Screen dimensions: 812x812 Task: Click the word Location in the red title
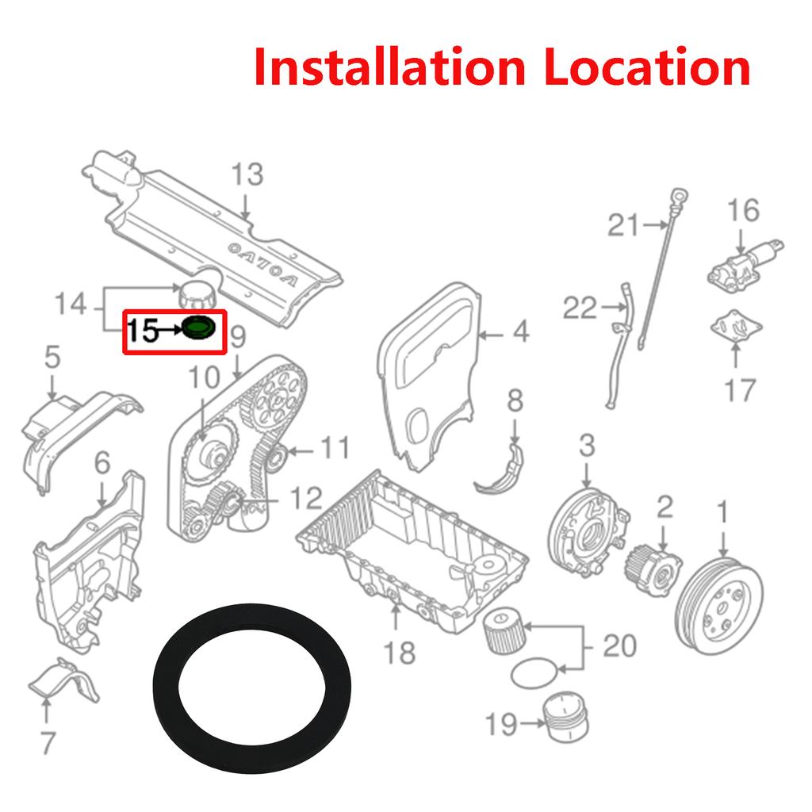coord(647,67)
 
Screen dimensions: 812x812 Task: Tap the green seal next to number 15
coord(198,327)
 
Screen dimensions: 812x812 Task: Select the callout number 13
coord(247,174)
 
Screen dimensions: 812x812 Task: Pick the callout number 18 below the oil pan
coord(400,653)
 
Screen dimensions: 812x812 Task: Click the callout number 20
coord(620,645)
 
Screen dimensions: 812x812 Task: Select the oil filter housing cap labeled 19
coord(566,717)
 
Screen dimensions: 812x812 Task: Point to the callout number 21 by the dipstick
coord(623,225)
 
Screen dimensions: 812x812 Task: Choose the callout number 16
coord(743,210)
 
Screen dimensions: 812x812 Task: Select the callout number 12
coord(306,498)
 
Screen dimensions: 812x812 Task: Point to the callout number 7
coord(48,743)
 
